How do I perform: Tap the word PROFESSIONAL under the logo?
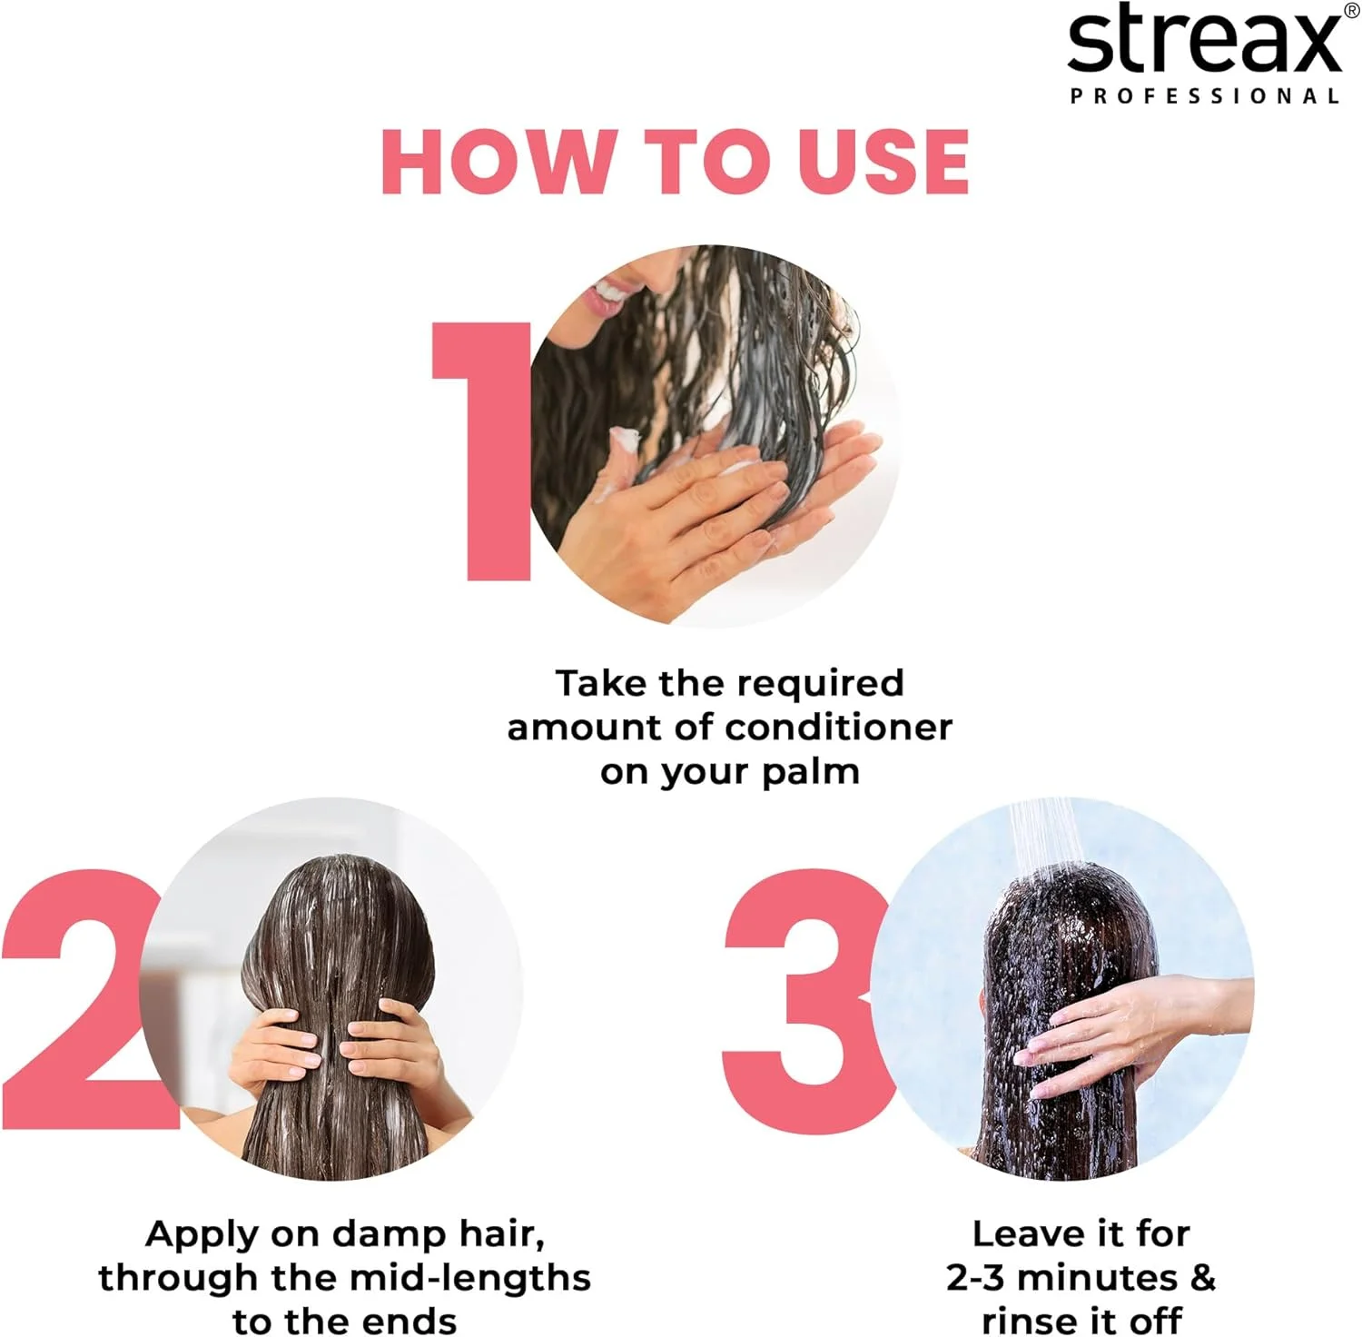pyautogui.click(x=1205, y=96)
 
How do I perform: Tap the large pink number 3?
pyautogui.click(x=808, y=999)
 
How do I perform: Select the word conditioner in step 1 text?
pyautogui.click(x=839, y=728)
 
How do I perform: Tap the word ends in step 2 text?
pyautogui.click(x=409, y=1322)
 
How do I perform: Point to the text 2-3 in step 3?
pyautogui.click(x=975, y=1278)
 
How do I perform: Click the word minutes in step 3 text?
pyautogui.click(x=1098, y=1278)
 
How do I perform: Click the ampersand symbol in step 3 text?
pyautogui.click(x=1202, y=1278)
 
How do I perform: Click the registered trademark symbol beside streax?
pyautogui.click(x=1351, y=9)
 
